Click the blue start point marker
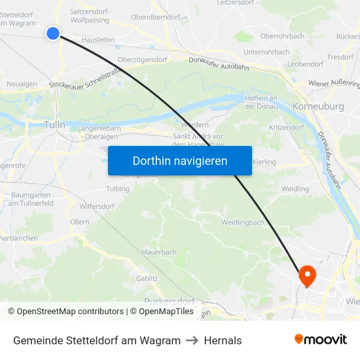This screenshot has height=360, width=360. [x=53, y=33]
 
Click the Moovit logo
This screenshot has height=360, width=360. [x=320, y=340]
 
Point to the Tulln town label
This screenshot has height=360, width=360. [x=55, y=124]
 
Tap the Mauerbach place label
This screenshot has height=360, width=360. [x=159, y=251]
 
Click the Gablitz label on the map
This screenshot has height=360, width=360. [x=147, y=278]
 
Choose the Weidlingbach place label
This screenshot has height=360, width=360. [x=242, y=223]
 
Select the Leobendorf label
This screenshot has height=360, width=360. [x=306, y=64]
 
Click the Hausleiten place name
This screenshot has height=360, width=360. [x=99, y=40]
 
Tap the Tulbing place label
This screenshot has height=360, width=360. [x=118, y=189]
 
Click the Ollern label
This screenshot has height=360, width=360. [x=79, y=223]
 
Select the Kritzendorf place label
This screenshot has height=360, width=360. [x=285, y=128]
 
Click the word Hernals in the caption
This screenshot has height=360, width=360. [x=223, y=340]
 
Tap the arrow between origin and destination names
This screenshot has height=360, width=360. [x=192, y=340]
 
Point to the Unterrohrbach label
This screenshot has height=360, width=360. [x=266, y=52]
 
